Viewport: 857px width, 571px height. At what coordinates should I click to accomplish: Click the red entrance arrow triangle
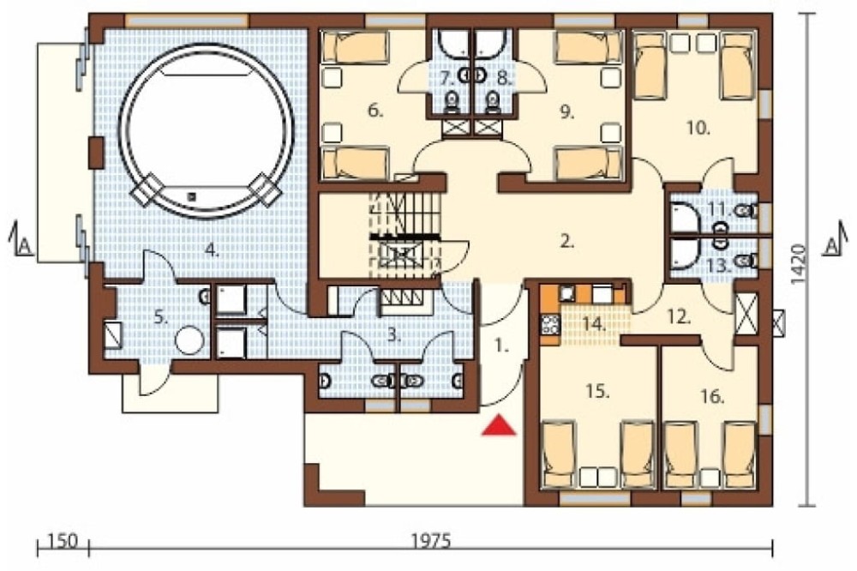(x=499, y=425)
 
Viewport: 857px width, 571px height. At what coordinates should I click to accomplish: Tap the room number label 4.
(x=212, y=250)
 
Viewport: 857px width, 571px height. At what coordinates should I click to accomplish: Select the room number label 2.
(x=567, y=241)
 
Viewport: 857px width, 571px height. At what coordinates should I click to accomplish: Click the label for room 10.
(x=698, y=129)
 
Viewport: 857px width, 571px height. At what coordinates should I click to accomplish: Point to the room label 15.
(x=597, y=392)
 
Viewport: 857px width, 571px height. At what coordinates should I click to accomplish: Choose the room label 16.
(x=713, y=396)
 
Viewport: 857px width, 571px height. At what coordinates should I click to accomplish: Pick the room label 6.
(x=375, y=111)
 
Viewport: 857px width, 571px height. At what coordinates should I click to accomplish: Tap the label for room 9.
(x=567, y=112)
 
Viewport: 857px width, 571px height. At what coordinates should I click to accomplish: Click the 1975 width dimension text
(x=431, y=542)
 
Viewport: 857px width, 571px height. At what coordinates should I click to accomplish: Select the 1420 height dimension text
(x=799, y=264)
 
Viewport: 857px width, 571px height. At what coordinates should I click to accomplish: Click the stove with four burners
(x=549, y=324)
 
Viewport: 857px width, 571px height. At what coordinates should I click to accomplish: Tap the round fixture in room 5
(x=189, y=340)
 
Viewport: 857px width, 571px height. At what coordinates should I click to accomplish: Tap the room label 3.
(x=394, y=334)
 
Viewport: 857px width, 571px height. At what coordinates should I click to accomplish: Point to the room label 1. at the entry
(x=501, y=346)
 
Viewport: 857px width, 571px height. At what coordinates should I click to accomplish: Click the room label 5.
(x=160, y=317)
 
